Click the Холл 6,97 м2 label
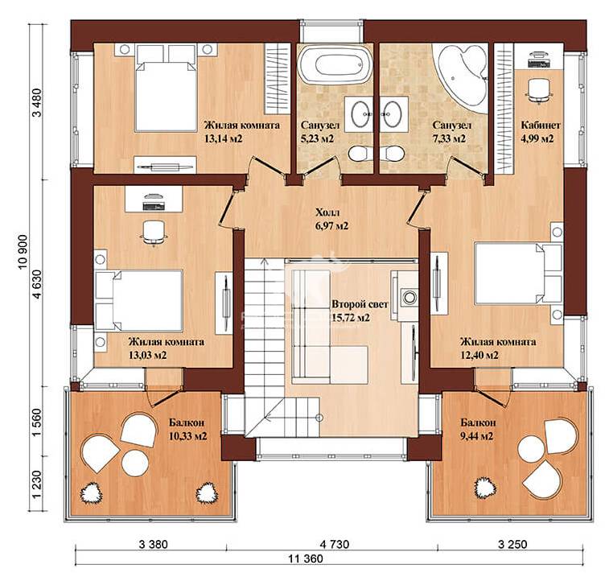click(x=331, y=219)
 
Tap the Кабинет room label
click(x=541, y=125)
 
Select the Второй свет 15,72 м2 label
click(x=360, y=311)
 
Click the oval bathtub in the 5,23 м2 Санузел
click(x=335, y=64)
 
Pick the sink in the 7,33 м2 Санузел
click(x=393, y=113)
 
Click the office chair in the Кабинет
click(x=539, y=90)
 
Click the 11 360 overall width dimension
click(x=305, y=558)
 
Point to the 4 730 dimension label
click(x=333, y=544)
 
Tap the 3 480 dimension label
click(x=38, y=102)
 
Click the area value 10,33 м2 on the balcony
click(x=188, y=436)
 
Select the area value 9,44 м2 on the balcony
click(x=476, y=436)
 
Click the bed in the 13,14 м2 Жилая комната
click(x=166, y=88)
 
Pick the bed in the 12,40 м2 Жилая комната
click(x=518, y=273)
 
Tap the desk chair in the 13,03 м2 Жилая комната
click(x=154, y=233)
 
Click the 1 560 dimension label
click(x=38, y=422)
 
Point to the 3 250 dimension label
click(x=512, y=544)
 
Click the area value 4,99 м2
click(x=537, y=138)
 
